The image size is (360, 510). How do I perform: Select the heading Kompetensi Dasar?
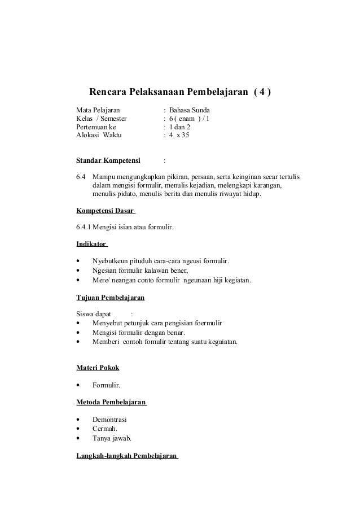tap(105, 212)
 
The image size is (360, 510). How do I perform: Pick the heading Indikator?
tap(91, 244)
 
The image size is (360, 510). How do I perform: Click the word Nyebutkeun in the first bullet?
tap(110, 260)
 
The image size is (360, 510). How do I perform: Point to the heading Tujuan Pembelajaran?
tap(110, 297)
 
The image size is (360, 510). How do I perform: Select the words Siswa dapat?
tap(93, 313)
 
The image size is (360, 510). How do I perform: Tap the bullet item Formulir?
tap(106, 386)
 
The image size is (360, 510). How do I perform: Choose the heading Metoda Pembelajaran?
tap(111, 402)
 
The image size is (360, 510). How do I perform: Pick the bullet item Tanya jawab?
tap(111, 438)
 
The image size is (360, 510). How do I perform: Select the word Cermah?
tap(105, 429)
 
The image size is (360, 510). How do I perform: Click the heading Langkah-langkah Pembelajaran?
tap(126, 455)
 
